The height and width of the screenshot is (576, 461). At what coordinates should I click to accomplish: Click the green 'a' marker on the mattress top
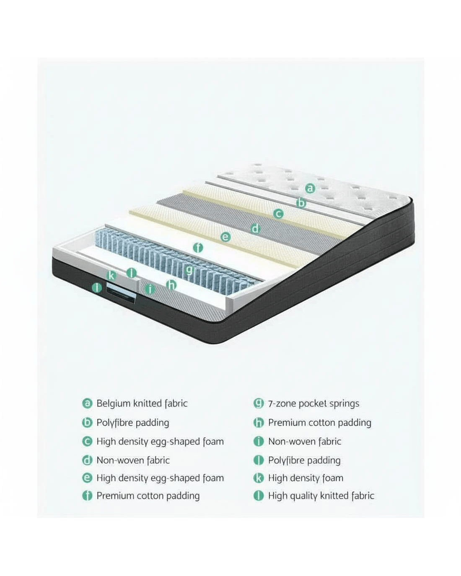310,188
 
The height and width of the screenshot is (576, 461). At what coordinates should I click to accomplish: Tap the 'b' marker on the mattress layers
301,203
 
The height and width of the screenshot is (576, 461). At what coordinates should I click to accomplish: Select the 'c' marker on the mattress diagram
278,214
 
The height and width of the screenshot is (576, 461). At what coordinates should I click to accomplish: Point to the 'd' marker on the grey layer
256,229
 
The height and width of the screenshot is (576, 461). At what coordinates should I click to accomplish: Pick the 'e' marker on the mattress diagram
225,237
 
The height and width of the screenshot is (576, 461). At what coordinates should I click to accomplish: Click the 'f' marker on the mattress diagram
198,248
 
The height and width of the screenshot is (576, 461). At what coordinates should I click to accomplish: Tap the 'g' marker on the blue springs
189,269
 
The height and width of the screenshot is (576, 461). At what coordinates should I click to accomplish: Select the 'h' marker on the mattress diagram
171,285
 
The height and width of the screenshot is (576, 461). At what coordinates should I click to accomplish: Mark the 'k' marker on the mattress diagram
111,275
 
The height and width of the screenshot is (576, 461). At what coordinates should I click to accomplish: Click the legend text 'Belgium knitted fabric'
142,403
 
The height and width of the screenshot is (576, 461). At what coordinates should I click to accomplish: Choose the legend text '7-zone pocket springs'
313,403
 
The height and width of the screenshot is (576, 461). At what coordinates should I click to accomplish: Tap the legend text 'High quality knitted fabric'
321,496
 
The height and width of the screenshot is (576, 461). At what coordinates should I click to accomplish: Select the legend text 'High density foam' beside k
306,478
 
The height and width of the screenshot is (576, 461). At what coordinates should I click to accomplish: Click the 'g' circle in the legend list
259,403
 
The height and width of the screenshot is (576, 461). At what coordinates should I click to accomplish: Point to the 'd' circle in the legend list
87,460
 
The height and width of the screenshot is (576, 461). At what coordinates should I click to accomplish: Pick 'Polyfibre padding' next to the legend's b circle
132,423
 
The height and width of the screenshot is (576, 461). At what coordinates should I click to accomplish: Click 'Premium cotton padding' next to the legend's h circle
319,423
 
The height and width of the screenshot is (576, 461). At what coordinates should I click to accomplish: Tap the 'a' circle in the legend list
87,403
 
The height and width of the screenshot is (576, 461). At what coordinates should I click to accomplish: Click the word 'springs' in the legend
344,404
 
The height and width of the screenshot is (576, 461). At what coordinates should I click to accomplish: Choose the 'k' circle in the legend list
259,478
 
